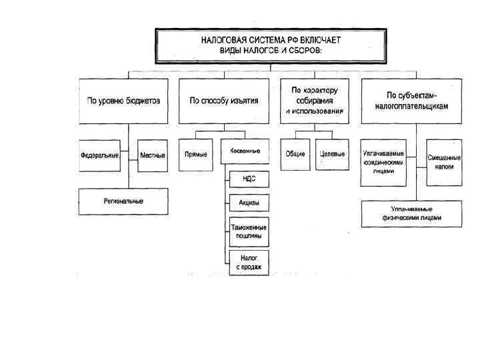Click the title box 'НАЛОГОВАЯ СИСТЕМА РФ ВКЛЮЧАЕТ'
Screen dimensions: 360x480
[x=270, y=45]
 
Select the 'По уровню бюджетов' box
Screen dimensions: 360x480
[x=123, y=101]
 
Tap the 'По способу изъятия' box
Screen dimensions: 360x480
[x=224, y=101]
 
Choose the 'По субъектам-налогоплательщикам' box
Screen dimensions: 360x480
[x=411, y=101]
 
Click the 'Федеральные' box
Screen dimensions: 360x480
[x=99, y=155]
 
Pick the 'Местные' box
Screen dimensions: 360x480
[x=153, y=155]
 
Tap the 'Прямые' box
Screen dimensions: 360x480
[x=196, y=155]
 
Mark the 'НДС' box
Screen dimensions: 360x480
[x=249, y=179]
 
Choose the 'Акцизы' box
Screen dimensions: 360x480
[x=249, y=203]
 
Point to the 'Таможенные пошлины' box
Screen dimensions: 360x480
[x=249, y=231]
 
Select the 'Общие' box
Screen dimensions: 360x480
[x=295, y=155]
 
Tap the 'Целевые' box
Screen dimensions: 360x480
[x=332, y=155]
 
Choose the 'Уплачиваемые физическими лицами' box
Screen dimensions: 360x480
[x=411, y=213]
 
